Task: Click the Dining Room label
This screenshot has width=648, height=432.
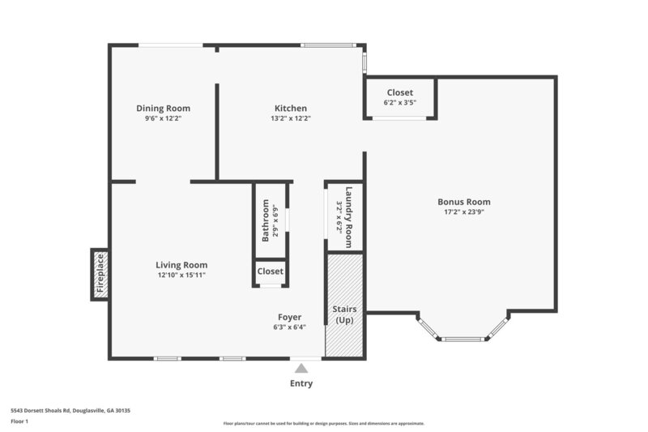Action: pyautogui.click(x=163, y=108)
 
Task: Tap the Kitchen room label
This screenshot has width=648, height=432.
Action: pyautogui.click(x=290, y=108)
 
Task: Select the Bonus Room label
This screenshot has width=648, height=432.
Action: pyautogui.click(x=463, y=202)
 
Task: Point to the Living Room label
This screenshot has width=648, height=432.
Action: pyautogui.click(x=181, y=265)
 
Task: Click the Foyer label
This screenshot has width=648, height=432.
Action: pyautogui.click(x=289, y=317)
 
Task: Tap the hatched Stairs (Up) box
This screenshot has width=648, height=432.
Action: pyautogui.click(x=345, y=304)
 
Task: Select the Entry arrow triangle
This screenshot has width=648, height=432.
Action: pyautogui.click(x=301, y=368)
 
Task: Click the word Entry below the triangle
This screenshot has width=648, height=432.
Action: pyautogui.click(x=301, y=383)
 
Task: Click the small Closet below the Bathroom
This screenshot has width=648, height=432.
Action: pyautogui.click(x=271, y=272)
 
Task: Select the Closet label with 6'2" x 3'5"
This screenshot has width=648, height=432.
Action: pyautogui.click(x=399, y=92)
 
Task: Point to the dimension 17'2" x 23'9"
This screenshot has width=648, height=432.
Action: pyautogui.click(x=463, y=212)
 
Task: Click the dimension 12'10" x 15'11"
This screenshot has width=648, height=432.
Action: pyautogui.click(x=181, y=276)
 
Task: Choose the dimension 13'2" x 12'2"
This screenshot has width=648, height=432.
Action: pyautogui.click(x=290, y=118)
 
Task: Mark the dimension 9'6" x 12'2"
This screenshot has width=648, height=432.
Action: pyautogui.click(x=163, y=118)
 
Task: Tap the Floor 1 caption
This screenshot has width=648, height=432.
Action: pyautogui.click(x=19, y=421)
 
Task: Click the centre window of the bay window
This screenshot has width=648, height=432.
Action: pyautogui.click(x=463, y=339)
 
